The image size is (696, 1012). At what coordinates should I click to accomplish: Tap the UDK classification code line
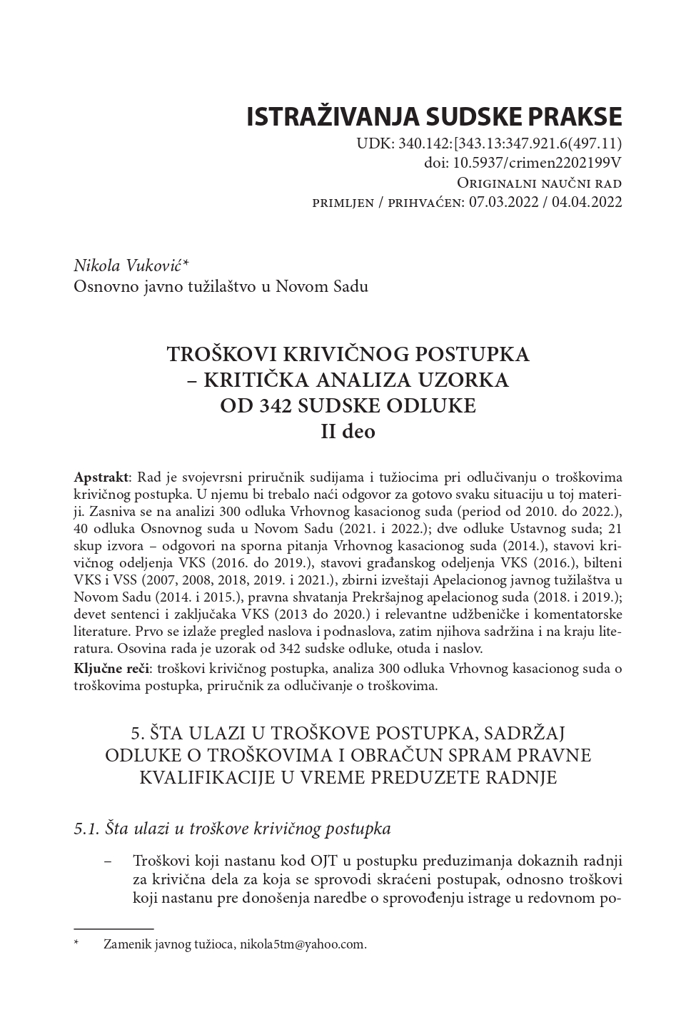coord(490,143)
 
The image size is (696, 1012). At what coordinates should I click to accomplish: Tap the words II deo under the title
coord(348,431)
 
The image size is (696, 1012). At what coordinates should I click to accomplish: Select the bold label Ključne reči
coord(111,669)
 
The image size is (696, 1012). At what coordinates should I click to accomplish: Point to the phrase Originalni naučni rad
coord(539,182)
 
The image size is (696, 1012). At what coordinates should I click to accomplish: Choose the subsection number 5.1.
coord(87,829)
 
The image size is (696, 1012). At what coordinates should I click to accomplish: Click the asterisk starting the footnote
coord(76,944)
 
